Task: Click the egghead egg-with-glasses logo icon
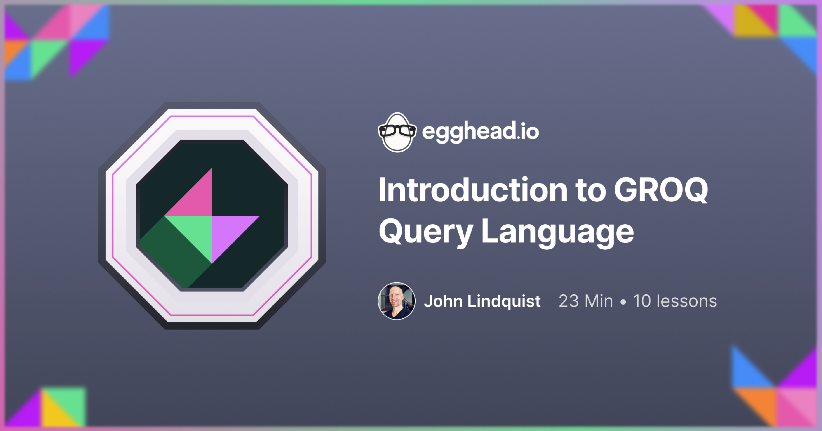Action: (x=397, y=132)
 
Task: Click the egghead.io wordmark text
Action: (x=480, y=131)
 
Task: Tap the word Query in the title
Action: (x=426, y=232)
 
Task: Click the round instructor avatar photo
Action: (x=397, y=301)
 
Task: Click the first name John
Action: (x=443, y=301)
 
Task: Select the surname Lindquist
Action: (x=504, y=301)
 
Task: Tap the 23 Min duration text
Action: (x=586, y=301)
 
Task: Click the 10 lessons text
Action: (x=675, y=301)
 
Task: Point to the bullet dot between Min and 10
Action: (x=623, y=302)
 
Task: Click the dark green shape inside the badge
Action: (x=172, y=255)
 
